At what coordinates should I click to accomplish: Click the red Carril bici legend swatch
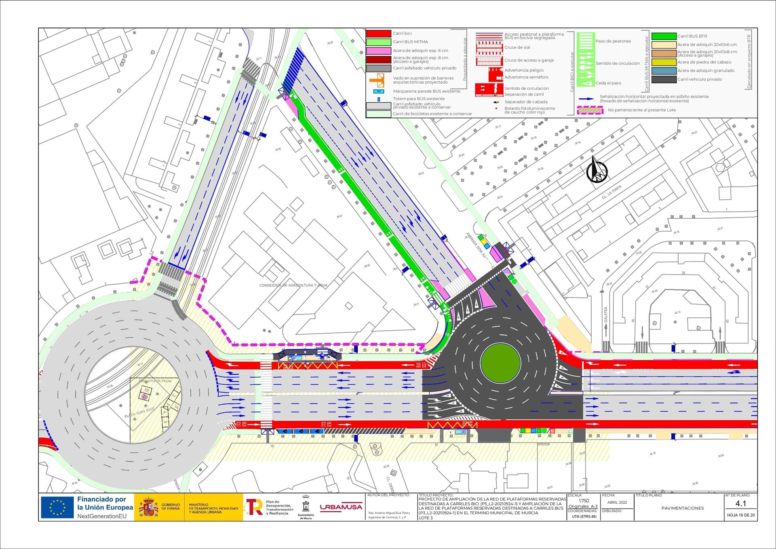pos(378,34)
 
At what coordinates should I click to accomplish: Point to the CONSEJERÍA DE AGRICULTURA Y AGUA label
pos(293,285)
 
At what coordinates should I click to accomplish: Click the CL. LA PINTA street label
pos(612,192)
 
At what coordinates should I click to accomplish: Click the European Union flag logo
pos(57,507)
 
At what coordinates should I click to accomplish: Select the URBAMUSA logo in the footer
pos(341,507)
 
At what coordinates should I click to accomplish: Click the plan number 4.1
pos(740,504)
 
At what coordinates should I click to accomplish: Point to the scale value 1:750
pos(584,501)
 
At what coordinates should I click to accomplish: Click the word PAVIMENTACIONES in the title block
pos(682,508)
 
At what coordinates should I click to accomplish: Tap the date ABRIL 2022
pos(617,503)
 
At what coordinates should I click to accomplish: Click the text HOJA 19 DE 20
pos(740,515)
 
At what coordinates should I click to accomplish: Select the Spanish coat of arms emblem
pos(149,507)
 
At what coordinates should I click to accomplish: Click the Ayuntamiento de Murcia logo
pos(306,508)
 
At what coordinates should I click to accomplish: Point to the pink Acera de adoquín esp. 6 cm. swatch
pos(378,51)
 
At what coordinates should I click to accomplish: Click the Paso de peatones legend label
pos(613,41)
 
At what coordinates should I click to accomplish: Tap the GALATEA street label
pos(606,315)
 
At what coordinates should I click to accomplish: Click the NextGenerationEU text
pos(102,516)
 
